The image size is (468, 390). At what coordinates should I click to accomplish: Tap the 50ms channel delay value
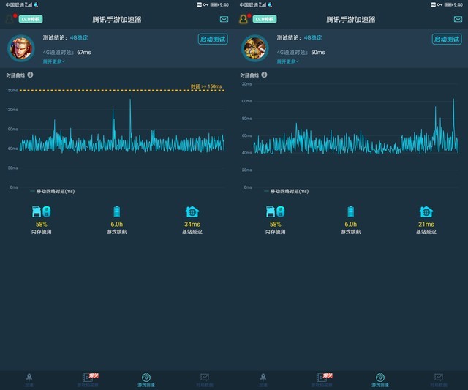(x=318, y=53)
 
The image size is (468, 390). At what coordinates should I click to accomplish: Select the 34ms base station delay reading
(x=192, y=224)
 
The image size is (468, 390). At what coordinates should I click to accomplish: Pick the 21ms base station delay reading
(x=426, y=224)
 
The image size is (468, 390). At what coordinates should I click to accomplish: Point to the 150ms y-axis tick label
(x=12, y=90)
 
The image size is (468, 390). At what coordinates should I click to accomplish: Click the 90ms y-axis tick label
(x=12, y=129)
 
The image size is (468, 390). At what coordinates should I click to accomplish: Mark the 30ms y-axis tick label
(x=12, y=168)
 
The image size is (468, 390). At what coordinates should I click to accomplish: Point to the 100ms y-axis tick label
(x=246, y=101)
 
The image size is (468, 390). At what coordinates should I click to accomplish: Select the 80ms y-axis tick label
(x=246, y=118)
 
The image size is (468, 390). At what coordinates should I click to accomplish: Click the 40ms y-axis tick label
(x=246, y=153)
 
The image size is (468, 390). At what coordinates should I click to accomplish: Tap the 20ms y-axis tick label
(x=246, y=170)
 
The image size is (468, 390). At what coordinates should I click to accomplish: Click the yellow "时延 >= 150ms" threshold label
(x=205, y=86)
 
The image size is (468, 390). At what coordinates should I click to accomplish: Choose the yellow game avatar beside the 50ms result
(x=254, y=49)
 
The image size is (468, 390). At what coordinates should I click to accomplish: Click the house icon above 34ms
(x=192, y=211)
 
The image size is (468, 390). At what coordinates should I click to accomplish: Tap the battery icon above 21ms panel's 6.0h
(x=350, y=211)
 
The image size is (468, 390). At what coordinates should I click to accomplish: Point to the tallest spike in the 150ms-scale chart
(x=130, y=100)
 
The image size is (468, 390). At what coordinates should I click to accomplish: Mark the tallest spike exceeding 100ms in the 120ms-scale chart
(x=453, y=100)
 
